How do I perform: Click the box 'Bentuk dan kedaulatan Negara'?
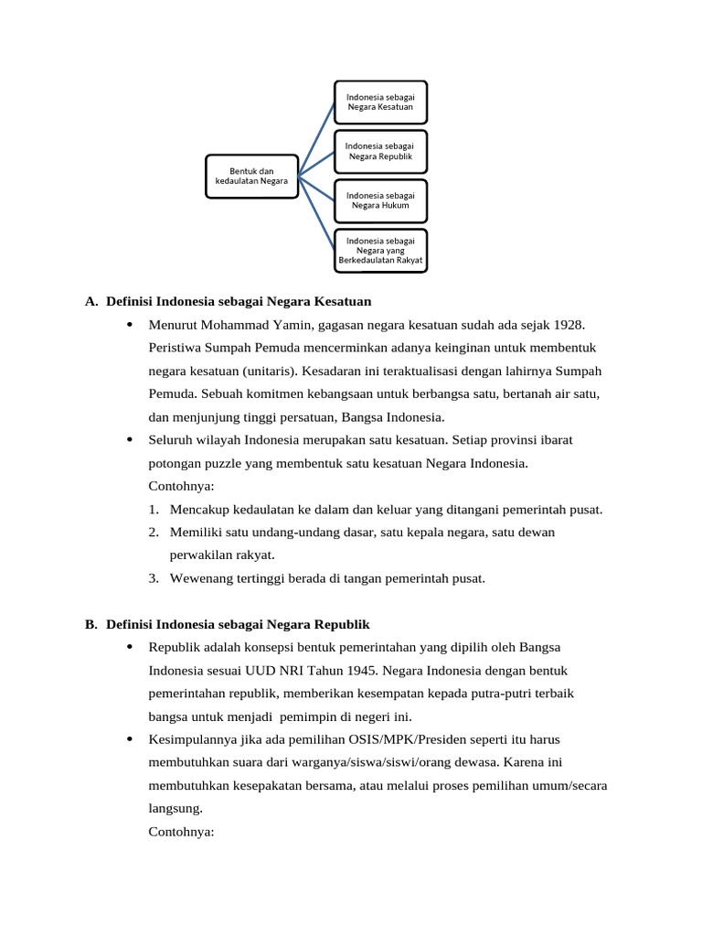point(251,176)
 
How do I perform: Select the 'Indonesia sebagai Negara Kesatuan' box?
point(380,101)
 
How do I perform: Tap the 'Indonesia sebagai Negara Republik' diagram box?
point(380,151)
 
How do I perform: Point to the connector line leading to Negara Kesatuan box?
point(316,137)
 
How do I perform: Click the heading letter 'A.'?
point(90,301)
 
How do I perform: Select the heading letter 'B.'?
point(90,624)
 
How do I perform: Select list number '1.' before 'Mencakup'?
point(154,510)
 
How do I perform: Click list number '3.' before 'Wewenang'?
point(154,578)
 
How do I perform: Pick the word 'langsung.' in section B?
point(175,809)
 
